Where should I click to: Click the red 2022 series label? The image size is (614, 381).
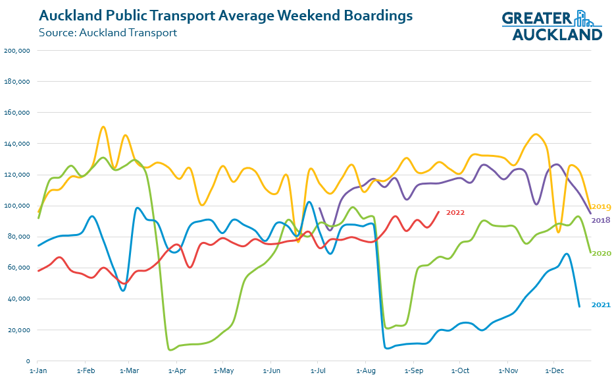455,212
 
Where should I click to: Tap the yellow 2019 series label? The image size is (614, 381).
601,206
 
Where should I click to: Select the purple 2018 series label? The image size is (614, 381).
601,220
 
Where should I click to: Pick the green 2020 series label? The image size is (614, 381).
601,253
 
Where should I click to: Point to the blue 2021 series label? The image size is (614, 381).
601,305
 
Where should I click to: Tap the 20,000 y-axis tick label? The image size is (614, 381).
20,330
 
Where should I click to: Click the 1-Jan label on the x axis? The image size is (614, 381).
38,371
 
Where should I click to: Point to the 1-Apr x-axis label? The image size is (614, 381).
176,371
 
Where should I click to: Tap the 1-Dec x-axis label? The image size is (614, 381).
554,371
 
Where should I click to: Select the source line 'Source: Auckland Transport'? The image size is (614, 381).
108,32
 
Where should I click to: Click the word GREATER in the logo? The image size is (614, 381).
537,19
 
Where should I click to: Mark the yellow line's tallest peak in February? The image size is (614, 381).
103,127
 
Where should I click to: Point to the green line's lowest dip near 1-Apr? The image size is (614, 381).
171,349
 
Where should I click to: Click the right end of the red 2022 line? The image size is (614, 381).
439,212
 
